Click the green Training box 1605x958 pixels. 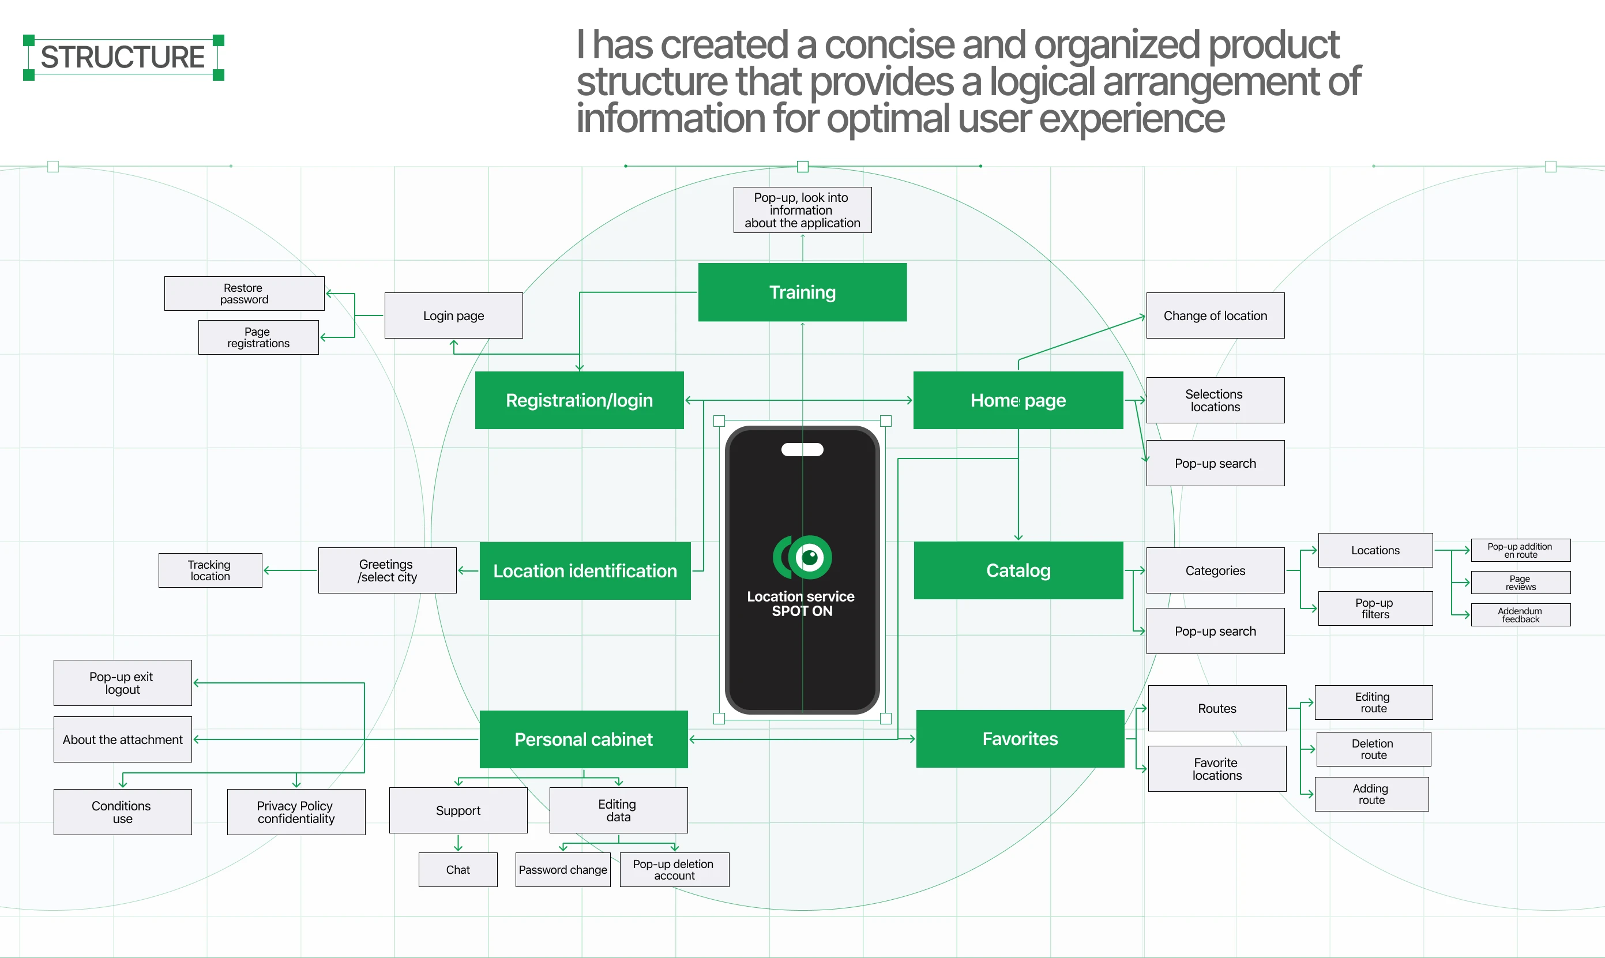click(x=802, y=292)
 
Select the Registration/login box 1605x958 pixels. click(x=579, y=400)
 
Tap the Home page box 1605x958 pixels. click(x=1018, y=400)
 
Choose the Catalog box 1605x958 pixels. click(x=1018, y=570)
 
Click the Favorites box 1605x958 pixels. click(x=1020, y=738)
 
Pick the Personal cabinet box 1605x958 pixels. click(x=584, y=739)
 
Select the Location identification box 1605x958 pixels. click(x=585, y=570)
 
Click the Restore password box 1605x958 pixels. click(x=244, y=294)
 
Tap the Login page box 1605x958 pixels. click(x=453, y=315)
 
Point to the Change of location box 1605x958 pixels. click(x=1215, y=315)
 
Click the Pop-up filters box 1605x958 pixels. click(x=1375, y=608)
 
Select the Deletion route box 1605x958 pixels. click(x=1373, y=749)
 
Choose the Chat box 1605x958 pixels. click(x=457, y=870)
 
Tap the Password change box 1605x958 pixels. click(x=563, y=870)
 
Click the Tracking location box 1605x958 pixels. click(x=210, y=570)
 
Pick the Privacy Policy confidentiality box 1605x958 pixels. click(x=296, y=812)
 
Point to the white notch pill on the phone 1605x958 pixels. click(x=802, y=449)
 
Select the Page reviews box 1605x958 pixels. click(x=1520, y=583)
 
